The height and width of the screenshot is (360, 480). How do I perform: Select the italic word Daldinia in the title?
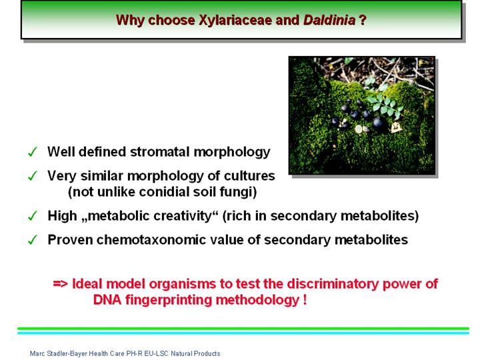pos(329,20)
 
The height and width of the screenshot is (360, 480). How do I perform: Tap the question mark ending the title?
pos(363,20)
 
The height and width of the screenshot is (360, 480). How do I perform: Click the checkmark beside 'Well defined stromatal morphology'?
pos(33,152)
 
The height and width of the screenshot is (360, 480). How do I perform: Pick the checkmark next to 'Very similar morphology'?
pos(33,176)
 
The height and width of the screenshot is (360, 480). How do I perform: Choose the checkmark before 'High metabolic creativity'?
pos(33,216)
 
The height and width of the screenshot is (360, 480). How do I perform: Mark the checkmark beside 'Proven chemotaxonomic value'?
pos(33,240)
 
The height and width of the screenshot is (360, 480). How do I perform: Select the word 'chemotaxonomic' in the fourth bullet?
pos(145,240)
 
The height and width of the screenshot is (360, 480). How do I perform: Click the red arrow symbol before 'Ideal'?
pos(60,284)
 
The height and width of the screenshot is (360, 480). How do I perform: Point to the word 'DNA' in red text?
pos(107,300)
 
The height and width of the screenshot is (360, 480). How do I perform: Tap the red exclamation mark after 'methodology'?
pos(305,299)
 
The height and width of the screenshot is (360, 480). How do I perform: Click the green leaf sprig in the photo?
pos(383,105)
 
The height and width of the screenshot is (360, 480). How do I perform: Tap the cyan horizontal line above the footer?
pos(243,333)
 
